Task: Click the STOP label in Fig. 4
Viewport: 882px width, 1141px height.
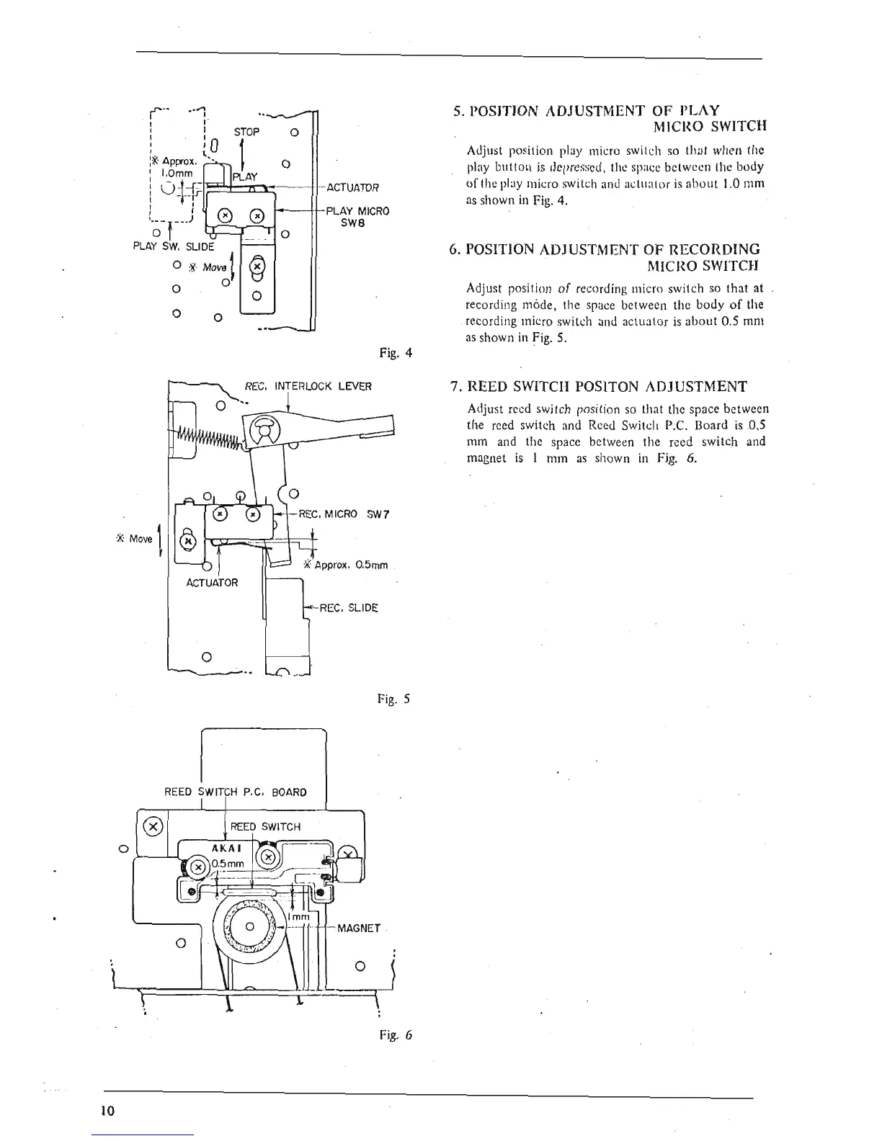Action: click(246, 132)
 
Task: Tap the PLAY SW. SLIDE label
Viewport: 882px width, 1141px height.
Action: click(174, 246)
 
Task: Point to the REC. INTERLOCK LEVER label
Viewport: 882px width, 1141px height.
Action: click(308, 386)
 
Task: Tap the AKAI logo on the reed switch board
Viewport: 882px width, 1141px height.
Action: click(223, 849)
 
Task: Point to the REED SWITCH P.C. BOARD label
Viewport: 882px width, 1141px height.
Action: click(236, 792)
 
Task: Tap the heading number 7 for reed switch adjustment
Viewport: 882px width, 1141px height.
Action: click(454, 387)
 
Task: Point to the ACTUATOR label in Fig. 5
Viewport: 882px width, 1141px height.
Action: click(212, 582)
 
